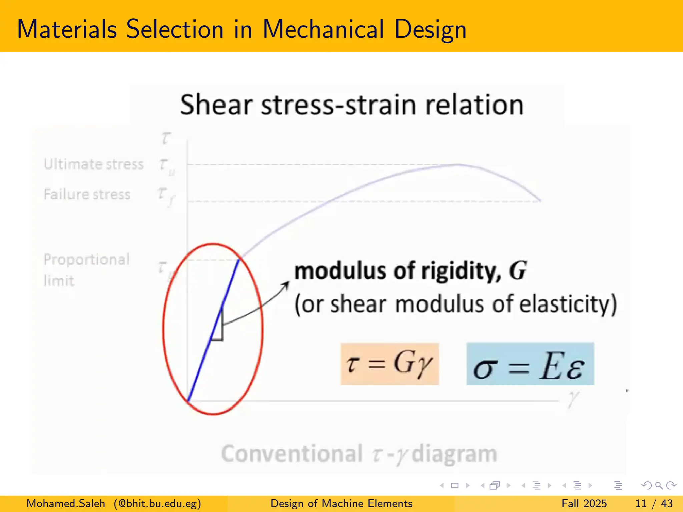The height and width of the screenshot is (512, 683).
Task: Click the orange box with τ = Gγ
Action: (x=390, y=364)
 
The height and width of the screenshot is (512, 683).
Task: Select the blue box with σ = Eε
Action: (x=530, y=364)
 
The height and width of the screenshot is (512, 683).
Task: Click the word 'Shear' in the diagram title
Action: (x=216, y=105)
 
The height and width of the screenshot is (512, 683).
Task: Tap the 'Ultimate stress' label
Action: (x=94, y=164)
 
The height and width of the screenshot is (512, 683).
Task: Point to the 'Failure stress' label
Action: (x=87, y=194)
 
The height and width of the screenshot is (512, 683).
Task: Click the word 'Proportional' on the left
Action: (x=86, y=260)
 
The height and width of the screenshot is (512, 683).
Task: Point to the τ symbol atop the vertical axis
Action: (x=166, y=138)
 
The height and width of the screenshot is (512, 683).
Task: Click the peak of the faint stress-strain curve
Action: (x=459, y=164)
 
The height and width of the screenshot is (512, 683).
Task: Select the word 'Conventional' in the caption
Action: (x=292, y=454)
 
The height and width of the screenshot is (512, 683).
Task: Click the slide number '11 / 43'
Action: (x=654, y=503)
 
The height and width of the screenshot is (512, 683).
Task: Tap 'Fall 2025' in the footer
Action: (x=584, y=503)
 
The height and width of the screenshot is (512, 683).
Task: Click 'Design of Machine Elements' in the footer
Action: (x=341, y=503)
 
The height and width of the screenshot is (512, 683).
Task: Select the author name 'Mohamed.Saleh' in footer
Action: (x=66, y=503)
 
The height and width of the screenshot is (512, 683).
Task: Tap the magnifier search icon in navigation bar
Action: (x=659, y=485)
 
